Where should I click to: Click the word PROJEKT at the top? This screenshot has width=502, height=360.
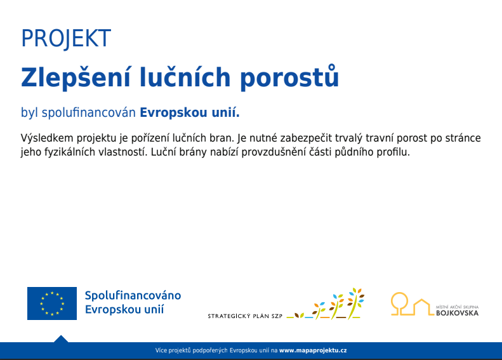coord(66,39)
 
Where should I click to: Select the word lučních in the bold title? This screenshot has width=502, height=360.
coord(185,77)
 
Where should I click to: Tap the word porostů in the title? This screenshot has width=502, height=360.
coord(289,77)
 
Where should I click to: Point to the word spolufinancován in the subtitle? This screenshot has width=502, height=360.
coord(89,113)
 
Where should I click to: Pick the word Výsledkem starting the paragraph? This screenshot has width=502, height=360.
coord(47,138)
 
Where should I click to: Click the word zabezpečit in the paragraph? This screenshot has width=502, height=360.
coord(306,138)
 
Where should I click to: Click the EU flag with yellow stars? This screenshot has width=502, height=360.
coord(52,303)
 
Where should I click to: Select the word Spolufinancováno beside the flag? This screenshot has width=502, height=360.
coord(133,295)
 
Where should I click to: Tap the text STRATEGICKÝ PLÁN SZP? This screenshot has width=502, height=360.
coord(245,316)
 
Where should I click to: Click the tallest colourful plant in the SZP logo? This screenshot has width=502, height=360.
coord(355,303)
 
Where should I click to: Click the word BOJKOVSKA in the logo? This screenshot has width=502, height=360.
coord(457,313)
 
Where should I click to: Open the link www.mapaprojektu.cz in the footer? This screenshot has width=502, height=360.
coord(313,350)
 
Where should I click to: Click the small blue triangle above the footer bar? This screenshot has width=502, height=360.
coord(61,339)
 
